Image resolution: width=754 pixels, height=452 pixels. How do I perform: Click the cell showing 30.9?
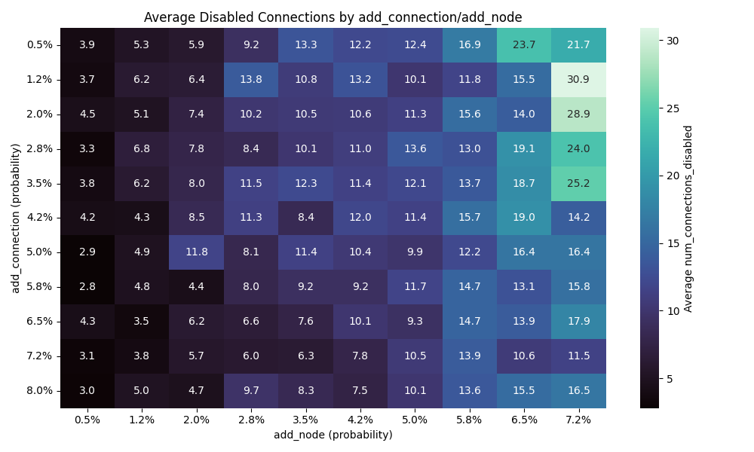pos(578,79)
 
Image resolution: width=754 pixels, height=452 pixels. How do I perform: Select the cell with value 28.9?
pos(578,114)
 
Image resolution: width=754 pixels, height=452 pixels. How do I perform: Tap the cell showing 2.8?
pos(87,287)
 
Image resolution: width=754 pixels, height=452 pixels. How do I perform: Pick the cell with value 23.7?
pos(524,44)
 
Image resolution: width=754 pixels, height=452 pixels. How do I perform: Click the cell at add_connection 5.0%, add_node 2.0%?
pos(197,252)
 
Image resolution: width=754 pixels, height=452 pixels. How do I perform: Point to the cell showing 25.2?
pos(578,183)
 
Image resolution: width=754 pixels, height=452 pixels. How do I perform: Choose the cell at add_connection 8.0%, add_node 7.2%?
pos(578,391)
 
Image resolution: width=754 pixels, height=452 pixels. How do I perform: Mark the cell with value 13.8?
pos(251,79)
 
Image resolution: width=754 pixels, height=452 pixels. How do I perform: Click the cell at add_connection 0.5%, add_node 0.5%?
pos(87,44)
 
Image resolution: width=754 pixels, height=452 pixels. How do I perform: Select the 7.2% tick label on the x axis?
pos(578,420)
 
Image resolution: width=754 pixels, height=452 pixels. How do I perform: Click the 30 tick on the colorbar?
pos(673,41)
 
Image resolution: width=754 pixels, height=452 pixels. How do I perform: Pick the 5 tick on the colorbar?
pos(670,378)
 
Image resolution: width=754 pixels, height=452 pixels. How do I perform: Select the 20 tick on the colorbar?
pos(673,176)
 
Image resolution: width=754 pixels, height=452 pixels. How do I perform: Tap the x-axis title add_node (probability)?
pos(333,435)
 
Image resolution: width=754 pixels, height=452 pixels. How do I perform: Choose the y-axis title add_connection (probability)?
pos(15,218)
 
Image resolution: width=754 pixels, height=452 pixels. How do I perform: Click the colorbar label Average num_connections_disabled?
pos(688,218)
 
